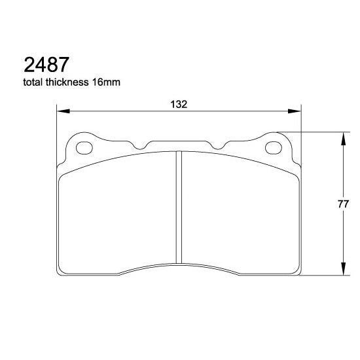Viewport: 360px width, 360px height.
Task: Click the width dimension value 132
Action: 179,104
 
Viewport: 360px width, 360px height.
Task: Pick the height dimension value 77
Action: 342,204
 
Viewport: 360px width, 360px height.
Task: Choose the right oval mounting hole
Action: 272,147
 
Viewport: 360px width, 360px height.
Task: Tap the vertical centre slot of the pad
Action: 179,209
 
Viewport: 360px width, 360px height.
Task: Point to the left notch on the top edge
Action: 141,144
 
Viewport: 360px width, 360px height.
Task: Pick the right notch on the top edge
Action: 217,144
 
